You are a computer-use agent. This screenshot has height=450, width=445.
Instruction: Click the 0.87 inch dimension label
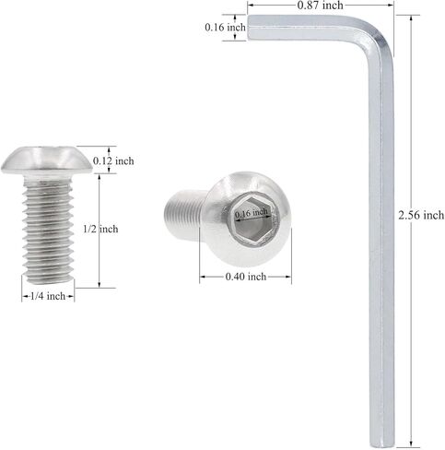tap(320, 5)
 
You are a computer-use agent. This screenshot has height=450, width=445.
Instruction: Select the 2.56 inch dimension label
tap(421, 215)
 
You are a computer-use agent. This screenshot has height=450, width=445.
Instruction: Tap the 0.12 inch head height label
tap(113, 160)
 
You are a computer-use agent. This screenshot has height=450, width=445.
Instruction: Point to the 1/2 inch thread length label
tap(100, 229)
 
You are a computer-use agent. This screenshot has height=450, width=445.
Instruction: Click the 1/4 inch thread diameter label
tap(48, 296)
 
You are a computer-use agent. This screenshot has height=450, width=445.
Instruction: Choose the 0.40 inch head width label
tap(246, 277)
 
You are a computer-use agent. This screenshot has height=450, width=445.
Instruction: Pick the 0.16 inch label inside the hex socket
tap(252, 212)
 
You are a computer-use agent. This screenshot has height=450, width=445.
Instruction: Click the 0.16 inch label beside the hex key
tap(226, 28)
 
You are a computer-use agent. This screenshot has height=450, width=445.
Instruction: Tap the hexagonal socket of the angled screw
tap(251, 221)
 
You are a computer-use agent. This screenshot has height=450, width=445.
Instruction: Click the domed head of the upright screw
tap(46, 160)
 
